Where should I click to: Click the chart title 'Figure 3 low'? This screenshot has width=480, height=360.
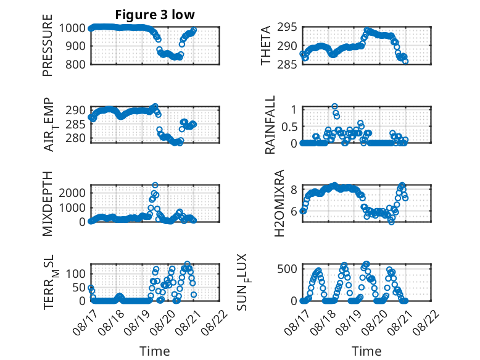(155, 15)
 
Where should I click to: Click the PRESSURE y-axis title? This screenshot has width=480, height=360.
(48, 45)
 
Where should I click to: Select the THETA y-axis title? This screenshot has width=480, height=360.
(266, 45)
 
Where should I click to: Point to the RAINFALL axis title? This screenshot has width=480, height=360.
(270, 125)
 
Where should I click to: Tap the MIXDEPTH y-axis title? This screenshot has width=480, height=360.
(48, 204)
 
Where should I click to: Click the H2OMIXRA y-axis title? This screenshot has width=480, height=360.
(279, 203)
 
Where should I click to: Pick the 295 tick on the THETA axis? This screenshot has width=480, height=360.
(287, 27)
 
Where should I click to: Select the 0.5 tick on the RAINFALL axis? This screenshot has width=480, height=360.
(289, 127)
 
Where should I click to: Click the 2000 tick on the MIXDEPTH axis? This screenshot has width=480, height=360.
(72, 193)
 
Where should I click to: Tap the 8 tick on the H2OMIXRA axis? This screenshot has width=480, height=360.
(294, 190)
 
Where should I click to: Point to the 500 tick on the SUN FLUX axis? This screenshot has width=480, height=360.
(287, 269)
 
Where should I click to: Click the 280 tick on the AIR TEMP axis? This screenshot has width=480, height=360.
(75, 138)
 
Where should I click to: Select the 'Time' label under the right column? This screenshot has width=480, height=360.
(366, 351)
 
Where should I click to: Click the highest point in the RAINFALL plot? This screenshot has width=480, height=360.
(334, 106)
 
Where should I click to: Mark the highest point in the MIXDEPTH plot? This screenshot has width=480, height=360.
(155, 185)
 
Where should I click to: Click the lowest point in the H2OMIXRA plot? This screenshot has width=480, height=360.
(391, 222)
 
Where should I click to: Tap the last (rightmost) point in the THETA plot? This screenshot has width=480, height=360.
(405, 61)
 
